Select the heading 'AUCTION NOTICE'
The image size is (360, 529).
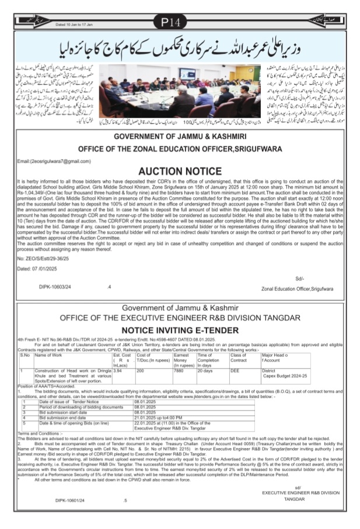[180, 173]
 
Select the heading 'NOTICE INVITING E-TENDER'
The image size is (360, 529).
[180, 330]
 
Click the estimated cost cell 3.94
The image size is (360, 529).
[117, 369]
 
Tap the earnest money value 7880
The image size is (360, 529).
[180, 369]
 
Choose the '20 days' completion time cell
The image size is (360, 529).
[206, 369]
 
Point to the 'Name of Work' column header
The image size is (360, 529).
[50, 354]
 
